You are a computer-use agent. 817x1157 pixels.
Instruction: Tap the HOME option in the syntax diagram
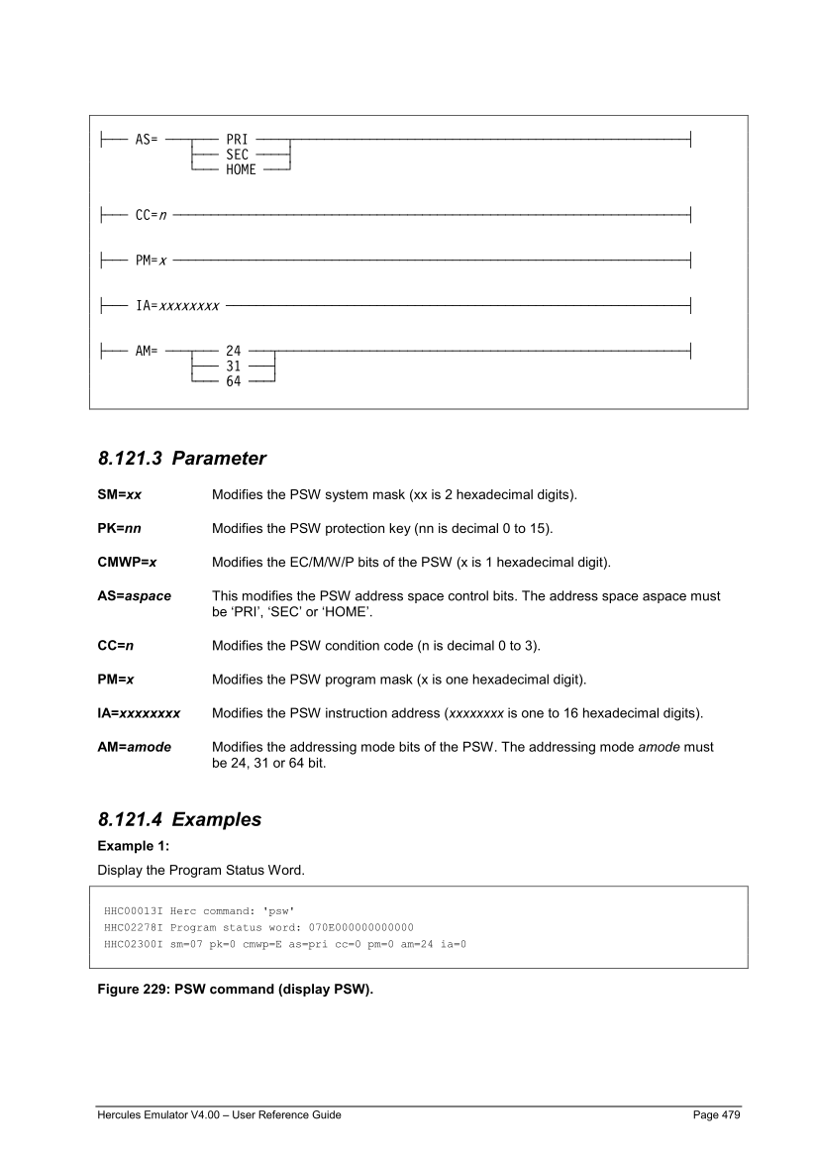click(x=241, y=169)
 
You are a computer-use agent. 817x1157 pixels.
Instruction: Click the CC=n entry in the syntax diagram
click(x=150, y=213)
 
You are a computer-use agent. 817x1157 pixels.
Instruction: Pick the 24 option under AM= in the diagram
click(x=234, y=350)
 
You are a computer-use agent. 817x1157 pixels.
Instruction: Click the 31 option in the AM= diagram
click(x=234, y=365)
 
